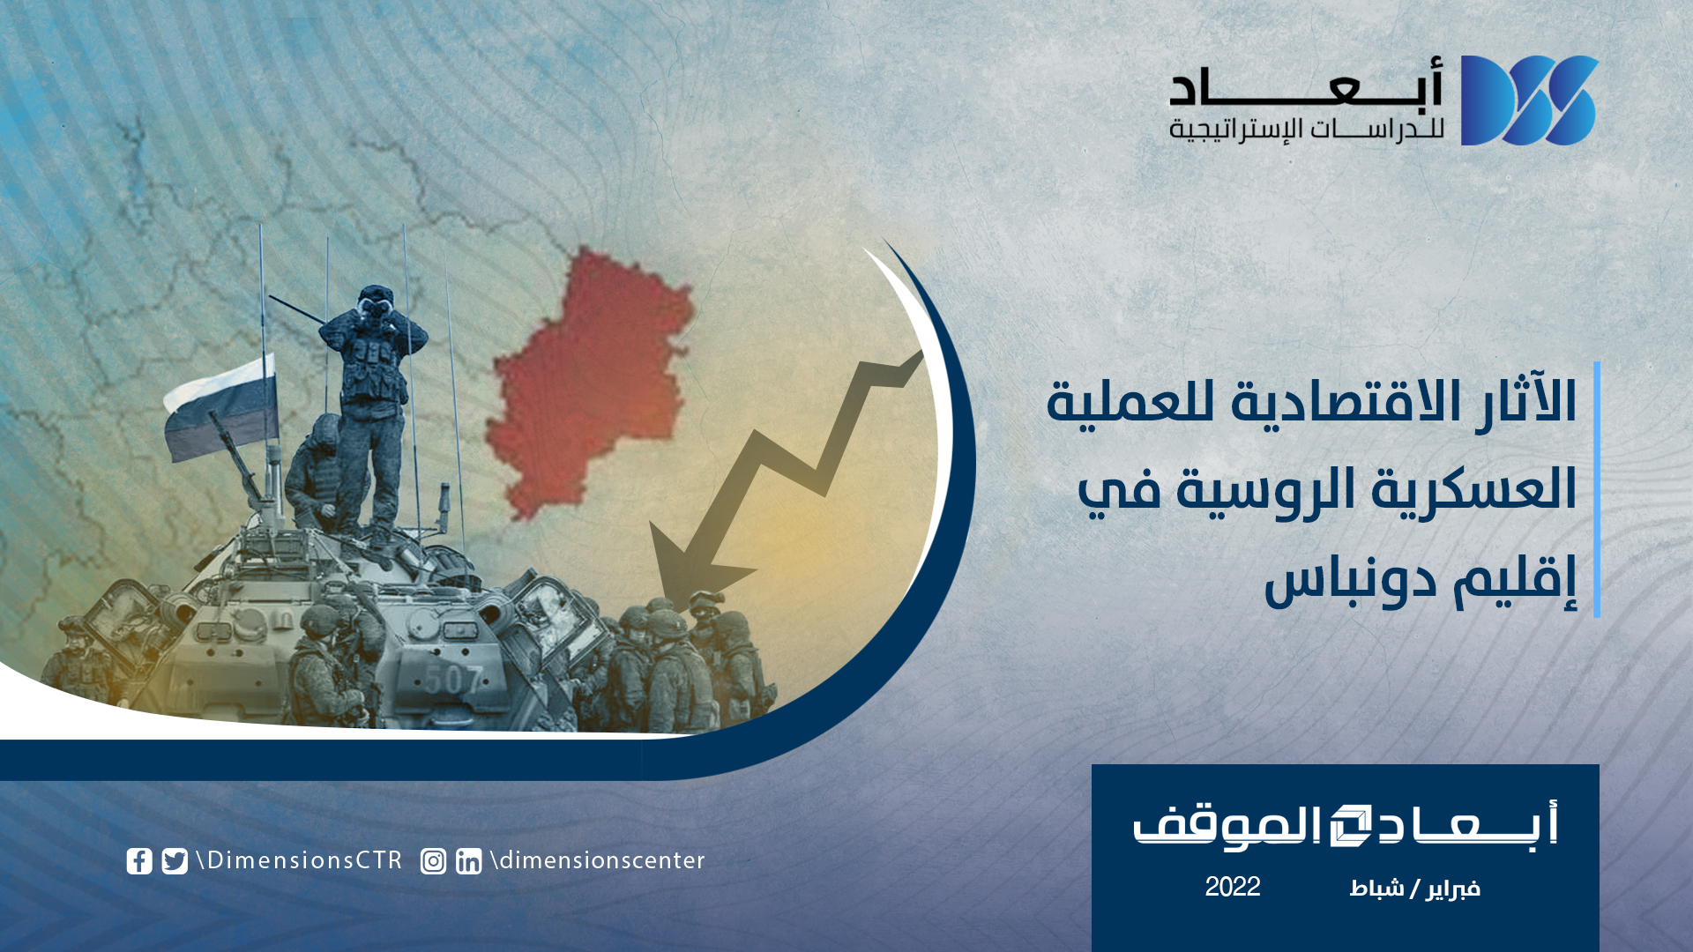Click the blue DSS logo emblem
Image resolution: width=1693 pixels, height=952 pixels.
pyautogui.click(x=1529, y=100)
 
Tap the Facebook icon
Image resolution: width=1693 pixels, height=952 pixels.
pyautogui.click(x=139, y=861)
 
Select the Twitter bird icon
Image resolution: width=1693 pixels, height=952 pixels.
pyautogui.click(x=175, y=861)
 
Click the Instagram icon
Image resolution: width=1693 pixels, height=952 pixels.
pyautogui.click(x=433, y=861)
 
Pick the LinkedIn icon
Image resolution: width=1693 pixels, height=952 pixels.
pyautogui.click(x=469, y=861)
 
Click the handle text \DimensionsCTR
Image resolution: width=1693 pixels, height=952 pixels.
pyautogui.click(x=300, y=860)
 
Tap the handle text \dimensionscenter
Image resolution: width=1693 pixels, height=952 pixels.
pyautogui.click(x=598, y=860)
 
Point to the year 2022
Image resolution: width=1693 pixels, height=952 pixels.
pyautogui.click(x=1233, y=887)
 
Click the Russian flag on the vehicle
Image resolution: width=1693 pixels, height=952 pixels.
pyautogui.click(x=220, y=407)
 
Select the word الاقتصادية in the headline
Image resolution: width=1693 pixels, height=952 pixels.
pyautogui.click(x=1314, y=401)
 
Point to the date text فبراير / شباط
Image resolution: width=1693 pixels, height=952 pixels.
pyautogui.click(x=1414, y=888)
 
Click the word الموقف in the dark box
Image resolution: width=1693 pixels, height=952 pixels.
pyautogui.click(x=1227, y=827)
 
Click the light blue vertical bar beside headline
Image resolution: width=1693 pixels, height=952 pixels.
pyautogui.click(x=1597, y=489)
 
